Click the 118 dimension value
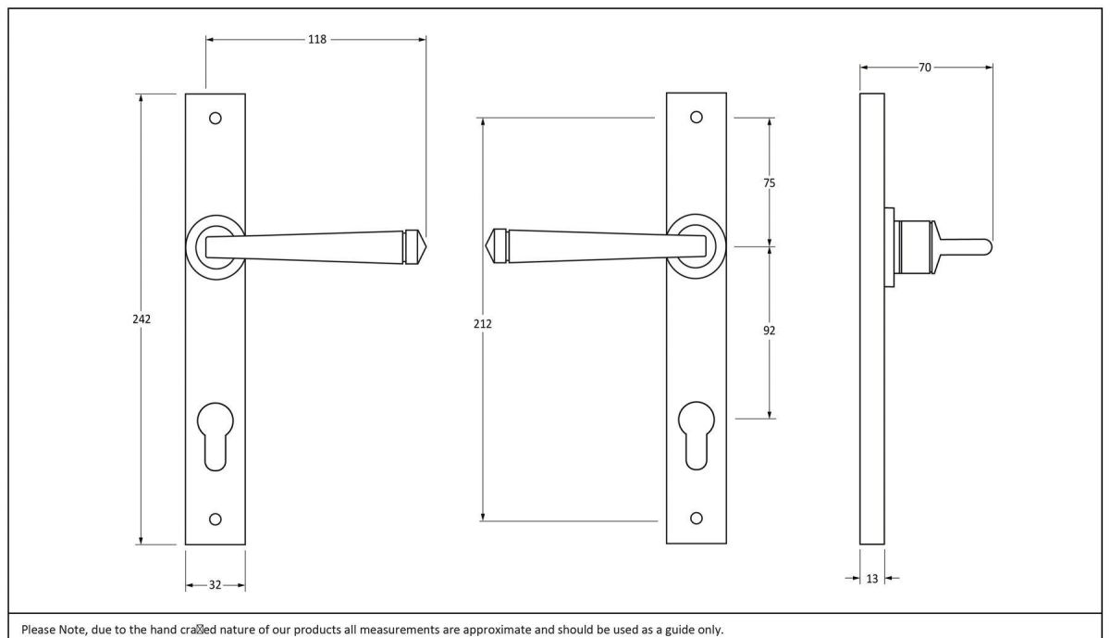(317, 40)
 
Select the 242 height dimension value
(141, 319)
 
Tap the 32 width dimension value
(215, 584)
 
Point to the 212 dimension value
(483, 324)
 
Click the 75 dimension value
(770, 183)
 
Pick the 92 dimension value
(770, 331)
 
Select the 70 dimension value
(925, 67)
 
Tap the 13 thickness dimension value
(871, 579)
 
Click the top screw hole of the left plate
(216, 119)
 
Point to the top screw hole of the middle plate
(697, 118)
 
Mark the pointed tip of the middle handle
(488, 245)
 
